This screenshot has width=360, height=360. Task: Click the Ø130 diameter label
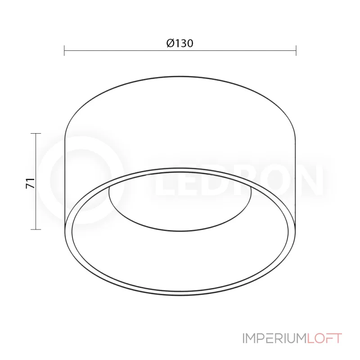[x=180, y=43]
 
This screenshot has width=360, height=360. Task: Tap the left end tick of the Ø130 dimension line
[x=64, y=50]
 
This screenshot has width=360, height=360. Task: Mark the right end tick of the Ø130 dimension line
[x=296, y=50]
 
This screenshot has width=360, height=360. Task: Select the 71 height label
[x=30, y=183]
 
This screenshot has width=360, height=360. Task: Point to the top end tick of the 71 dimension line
[x=36, y=134]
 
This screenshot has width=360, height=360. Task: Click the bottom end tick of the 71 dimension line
[x=36, y=229]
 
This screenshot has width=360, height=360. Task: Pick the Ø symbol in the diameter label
[x=170, y=43]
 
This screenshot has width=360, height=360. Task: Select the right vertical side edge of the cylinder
[x=295, y=180]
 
